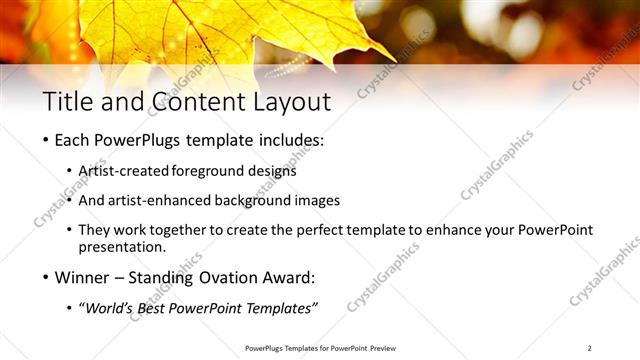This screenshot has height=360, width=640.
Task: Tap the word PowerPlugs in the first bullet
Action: point(138,141)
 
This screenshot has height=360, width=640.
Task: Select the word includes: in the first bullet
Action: point(291,141)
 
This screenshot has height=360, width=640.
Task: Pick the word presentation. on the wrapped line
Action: point(130,247)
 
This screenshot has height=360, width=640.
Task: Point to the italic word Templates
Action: point(281,307)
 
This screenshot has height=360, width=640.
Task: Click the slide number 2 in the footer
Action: point(590,348)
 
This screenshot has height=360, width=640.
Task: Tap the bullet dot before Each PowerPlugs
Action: point(46,141)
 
